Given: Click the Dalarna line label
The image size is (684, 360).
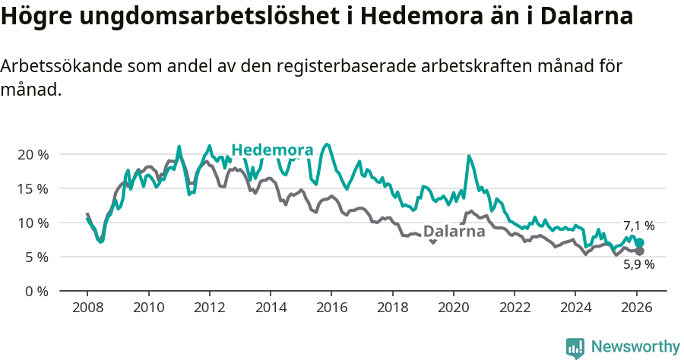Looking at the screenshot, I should coord(454,232).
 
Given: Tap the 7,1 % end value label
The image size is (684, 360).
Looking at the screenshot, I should coord(638,226).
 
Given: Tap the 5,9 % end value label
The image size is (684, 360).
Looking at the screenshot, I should coord(638,264).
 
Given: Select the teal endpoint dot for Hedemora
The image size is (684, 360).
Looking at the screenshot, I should coord(639,242).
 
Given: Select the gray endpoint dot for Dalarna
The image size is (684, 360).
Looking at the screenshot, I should coord(639,251).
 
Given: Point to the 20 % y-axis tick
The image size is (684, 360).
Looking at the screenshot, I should coord(33,154).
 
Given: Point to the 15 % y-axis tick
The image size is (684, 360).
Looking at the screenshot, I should coord(33,188).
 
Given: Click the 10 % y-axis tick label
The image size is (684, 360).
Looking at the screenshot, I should coord(33,223).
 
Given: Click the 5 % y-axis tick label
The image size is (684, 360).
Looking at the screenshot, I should coord(36,257).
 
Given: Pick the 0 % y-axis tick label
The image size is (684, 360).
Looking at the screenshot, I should coord(36,291).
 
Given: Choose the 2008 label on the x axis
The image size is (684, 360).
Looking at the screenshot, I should coord(87,309).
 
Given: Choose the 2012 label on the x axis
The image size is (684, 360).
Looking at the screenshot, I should coord(209,309).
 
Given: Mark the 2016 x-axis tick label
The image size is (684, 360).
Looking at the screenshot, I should coord(331,309).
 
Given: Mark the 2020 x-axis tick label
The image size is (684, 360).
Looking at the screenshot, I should coord(453,309).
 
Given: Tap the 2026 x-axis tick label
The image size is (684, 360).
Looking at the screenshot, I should coord(636,309).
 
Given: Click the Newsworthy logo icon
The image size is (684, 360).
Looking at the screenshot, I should coord(575,348).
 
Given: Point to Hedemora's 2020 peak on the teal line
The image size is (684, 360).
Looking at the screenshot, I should coord(469,156).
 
